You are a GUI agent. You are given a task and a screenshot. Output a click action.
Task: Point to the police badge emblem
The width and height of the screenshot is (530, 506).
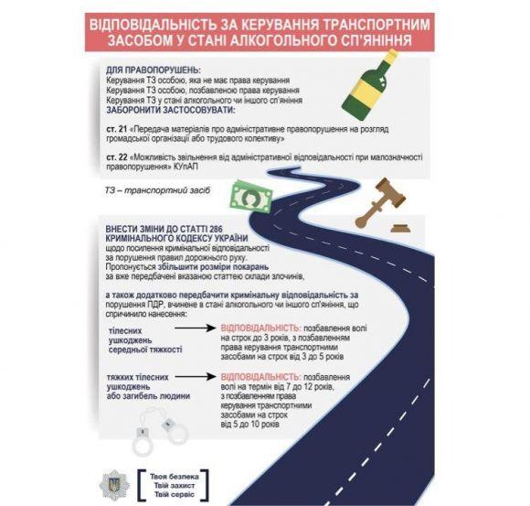115,482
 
